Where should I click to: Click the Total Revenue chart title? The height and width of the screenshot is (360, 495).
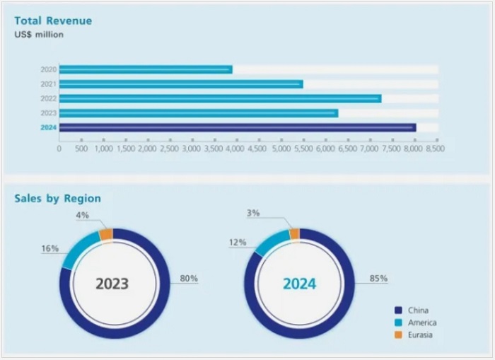click(x=53, y=21)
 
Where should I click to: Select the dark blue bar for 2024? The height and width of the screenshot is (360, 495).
click(x=237, y=127)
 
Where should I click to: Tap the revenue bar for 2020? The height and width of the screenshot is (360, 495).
click(x=145, y=69)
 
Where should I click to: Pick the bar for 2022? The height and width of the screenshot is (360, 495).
click(x=219, y=98)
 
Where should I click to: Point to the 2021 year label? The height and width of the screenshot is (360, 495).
click(x=48, y=84)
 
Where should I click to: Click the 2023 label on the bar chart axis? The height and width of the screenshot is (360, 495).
click(x=48, y=113)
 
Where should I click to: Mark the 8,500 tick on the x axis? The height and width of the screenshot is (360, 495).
click(x=436, y=149)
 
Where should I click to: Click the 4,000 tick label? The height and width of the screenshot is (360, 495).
click(x=236, y=149)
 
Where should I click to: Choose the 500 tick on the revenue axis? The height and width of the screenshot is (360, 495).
click(x=81, y=149)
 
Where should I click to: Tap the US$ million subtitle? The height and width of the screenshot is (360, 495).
click(x=39, y=34)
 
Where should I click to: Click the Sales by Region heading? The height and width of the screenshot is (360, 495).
click(x=57, y=198)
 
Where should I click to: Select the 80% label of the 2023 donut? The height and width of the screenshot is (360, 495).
click(x=189, y=279)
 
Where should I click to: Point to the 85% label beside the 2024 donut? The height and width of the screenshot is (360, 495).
click(x=378, y=279)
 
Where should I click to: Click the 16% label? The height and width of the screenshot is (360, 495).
click(x=50, y=248)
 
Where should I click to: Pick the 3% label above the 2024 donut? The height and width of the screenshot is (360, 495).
click(x=252, y=213)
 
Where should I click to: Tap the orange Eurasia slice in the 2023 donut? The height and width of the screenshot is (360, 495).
click(x=106, y=235)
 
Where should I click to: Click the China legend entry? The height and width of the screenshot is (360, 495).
click(x=418, y=310)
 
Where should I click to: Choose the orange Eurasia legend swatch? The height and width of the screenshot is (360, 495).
click(x=398, y=335)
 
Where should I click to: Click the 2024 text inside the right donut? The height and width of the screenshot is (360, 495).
click(x=299, y=284)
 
